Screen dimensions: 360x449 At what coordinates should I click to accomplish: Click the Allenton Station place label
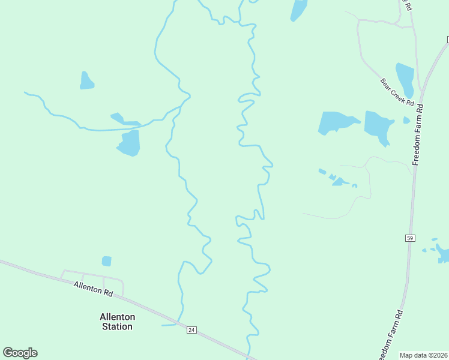(x=117, y=322)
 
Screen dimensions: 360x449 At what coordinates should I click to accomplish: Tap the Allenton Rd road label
(x=94, y=289)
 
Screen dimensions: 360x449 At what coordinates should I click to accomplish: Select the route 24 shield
(x=191, y=330)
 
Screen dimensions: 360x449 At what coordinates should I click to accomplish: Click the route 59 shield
(x=410, y=238)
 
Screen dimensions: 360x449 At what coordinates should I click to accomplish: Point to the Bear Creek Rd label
(x=397, y=92)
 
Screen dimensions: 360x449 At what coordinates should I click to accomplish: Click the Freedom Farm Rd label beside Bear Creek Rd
(x=419, y=135)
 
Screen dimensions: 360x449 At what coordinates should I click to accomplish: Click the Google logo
(x=20, y=353)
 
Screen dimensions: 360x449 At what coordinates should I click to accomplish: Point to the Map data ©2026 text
(x=423, y=355)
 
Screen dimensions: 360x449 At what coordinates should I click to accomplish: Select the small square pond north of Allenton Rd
(x=106, y=261)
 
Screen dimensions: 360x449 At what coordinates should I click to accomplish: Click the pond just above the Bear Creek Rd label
(x=405, y=78)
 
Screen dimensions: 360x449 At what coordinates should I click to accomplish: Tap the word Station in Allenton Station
(x=117, y=326)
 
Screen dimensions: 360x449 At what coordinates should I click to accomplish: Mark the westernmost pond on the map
(x=86, y=81)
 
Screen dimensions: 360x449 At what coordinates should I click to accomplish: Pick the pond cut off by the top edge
(x=298, y=10)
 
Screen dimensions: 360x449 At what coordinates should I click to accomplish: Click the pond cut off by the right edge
(x=444, y=254)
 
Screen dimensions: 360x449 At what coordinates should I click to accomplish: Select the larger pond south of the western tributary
(x=129, y=143)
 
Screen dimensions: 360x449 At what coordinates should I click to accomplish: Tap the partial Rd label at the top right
(x=408, y=6)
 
